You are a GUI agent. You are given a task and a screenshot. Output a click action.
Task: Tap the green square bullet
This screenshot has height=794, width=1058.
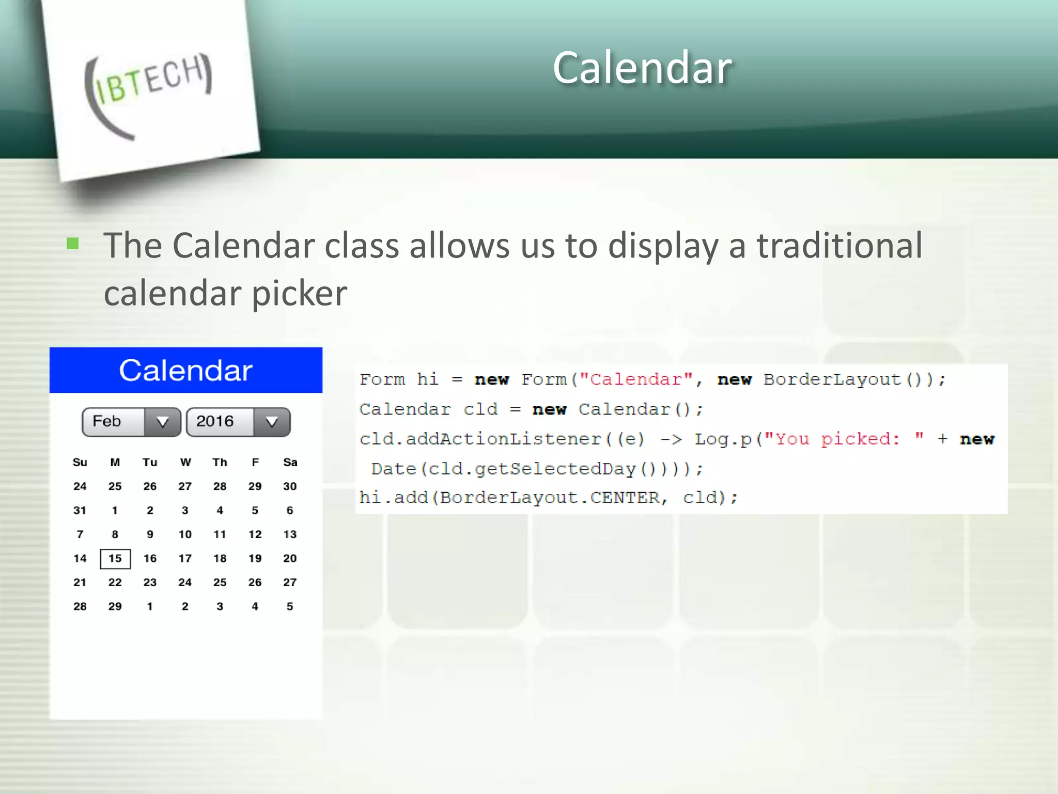(x=73, y=243)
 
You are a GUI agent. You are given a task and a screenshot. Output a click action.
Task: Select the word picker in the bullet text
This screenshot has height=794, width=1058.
(x=299, y=294)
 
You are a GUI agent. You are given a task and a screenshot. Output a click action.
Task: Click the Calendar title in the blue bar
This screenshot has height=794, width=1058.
(x=185, y=370)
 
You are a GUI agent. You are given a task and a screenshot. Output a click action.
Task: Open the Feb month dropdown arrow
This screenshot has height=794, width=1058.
(x=162, y=422)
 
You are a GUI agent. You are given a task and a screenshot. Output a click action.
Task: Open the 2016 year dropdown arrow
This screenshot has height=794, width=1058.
(x=272, y=422)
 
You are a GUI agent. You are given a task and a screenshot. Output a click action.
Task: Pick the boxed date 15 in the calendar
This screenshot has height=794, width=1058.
(x=115, y=558)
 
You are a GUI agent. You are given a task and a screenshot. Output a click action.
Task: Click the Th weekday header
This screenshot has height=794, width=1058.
(x=220, y=462)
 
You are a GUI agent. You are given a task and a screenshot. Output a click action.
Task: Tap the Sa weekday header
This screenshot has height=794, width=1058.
(x=290, y=462)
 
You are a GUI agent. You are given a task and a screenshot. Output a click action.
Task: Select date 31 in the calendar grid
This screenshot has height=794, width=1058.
(x=80, y=510)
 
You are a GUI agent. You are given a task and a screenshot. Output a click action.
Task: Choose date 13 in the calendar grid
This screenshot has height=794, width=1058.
(x=290, y=535)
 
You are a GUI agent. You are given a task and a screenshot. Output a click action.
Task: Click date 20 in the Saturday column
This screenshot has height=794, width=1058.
(x=290, y=558)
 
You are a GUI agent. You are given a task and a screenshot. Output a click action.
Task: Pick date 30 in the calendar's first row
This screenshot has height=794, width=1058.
(x=290, y=486)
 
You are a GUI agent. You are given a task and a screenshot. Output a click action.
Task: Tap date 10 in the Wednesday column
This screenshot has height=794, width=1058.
(x=185, y=535)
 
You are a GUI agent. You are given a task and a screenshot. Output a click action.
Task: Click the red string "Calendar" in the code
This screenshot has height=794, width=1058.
(x=636, y=379)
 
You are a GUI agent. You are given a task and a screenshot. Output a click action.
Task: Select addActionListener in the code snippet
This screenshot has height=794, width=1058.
(x=504, y=439)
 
